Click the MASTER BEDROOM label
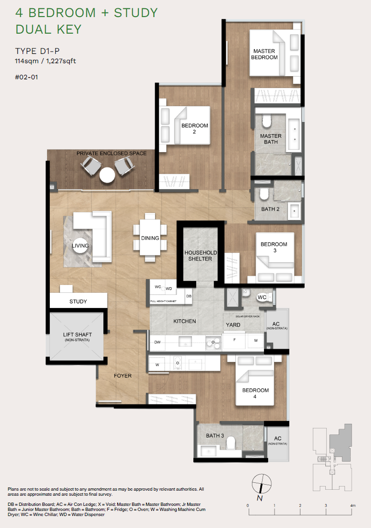(264, 54)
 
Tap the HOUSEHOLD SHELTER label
(198, 255)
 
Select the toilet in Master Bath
(266, 122)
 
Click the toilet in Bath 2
(263, 194)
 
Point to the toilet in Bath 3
(231, 443)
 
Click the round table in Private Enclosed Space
(107, 175)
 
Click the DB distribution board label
(189, 296)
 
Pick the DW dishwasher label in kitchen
(157, 342)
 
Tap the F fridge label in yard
(234, 339)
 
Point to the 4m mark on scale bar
(353, 506)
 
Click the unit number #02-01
(26, 77)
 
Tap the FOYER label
(123, 376)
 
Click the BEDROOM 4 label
(255, 393)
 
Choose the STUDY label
(78, 302)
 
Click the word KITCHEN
(185, 321)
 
